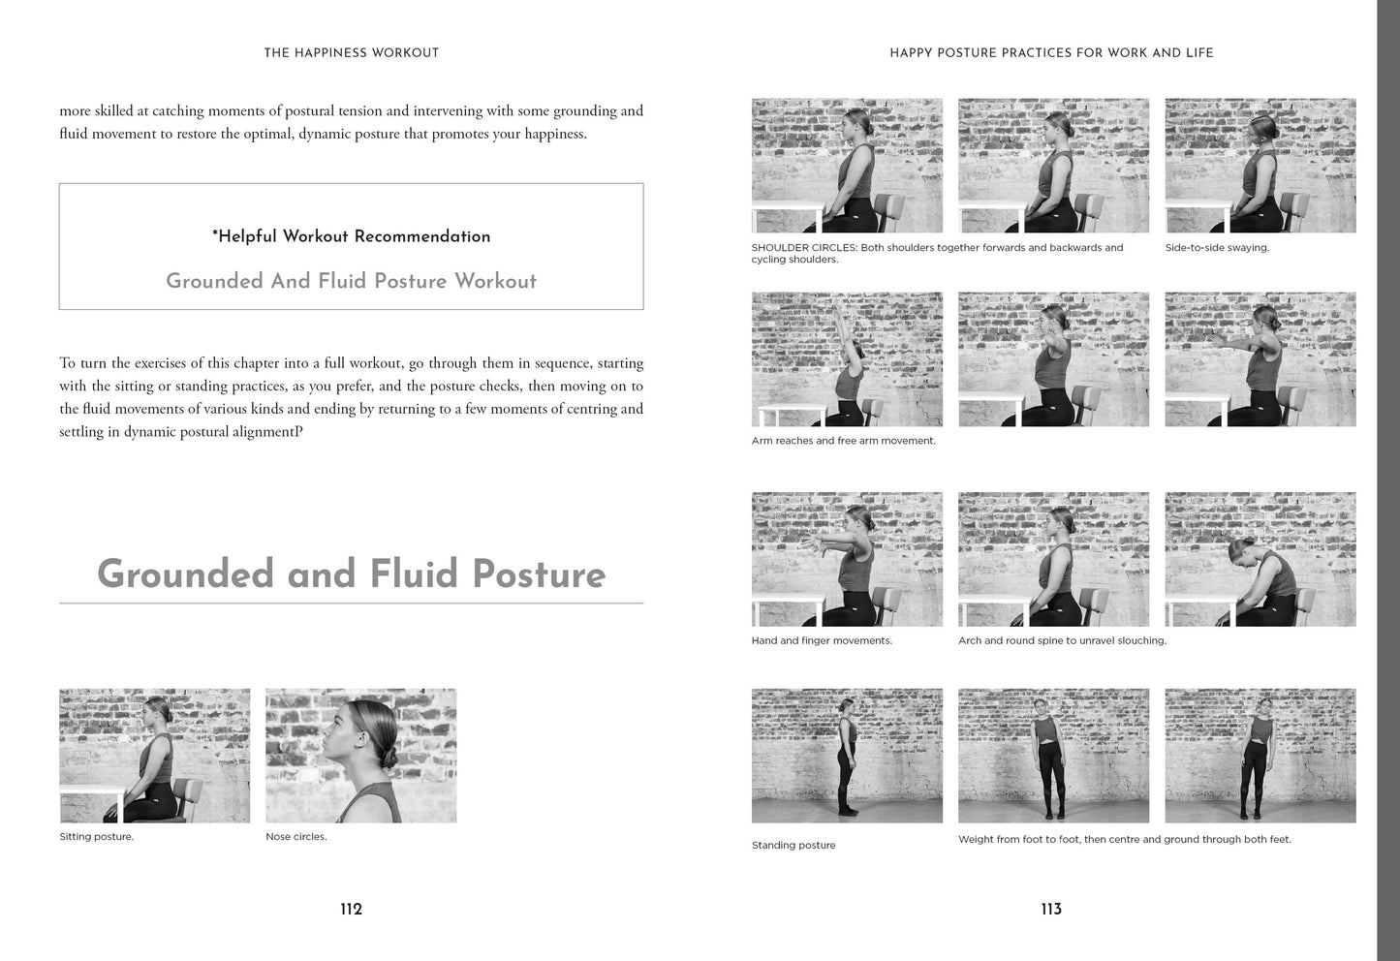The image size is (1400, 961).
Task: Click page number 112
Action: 352,909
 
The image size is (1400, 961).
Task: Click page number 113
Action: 1051,909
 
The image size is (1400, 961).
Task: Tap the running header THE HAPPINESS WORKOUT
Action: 352,53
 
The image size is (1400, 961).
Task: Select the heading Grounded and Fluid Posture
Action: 352,574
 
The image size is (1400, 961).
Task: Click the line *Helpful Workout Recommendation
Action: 352,236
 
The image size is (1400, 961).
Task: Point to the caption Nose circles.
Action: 296,837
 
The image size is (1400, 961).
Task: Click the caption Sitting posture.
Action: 96,837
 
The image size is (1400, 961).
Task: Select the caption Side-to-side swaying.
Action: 1217,248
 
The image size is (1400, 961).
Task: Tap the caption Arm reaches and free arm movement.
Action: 843,441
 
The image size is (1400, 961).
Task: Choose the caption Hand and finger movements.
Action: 822,641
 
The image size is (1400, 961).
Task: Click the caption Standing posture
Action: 793,846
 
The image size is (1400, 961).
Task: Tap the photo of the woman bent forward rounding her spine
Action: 1260,559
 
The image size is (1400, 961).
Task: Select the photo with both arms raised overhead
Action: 847,359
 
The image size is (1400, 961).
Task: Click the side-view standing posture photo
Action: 847,756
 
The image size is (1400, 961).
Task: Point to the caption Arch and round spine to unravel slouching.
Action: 1062,641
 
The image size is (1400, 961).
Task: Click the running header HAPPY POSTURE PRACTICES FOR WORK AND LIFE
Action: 1051,53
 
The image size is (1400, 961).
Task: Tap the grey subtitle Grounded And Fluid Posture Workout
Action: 352,281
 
